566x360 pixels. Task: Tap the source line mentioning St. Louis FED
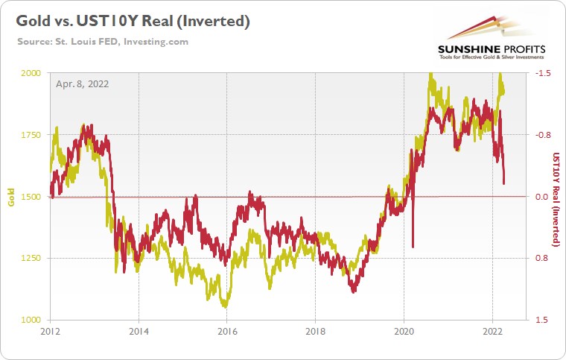tap(103, 41)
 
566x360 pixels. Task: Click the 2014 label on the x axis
tap(137, 331)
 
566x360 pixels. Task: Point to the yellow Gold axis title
tap(11, 197)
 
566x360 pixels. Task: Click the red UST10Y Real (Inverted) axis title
tap(555, 197)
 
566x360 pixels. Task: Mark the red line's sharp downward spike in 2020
tap(413, 244)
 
